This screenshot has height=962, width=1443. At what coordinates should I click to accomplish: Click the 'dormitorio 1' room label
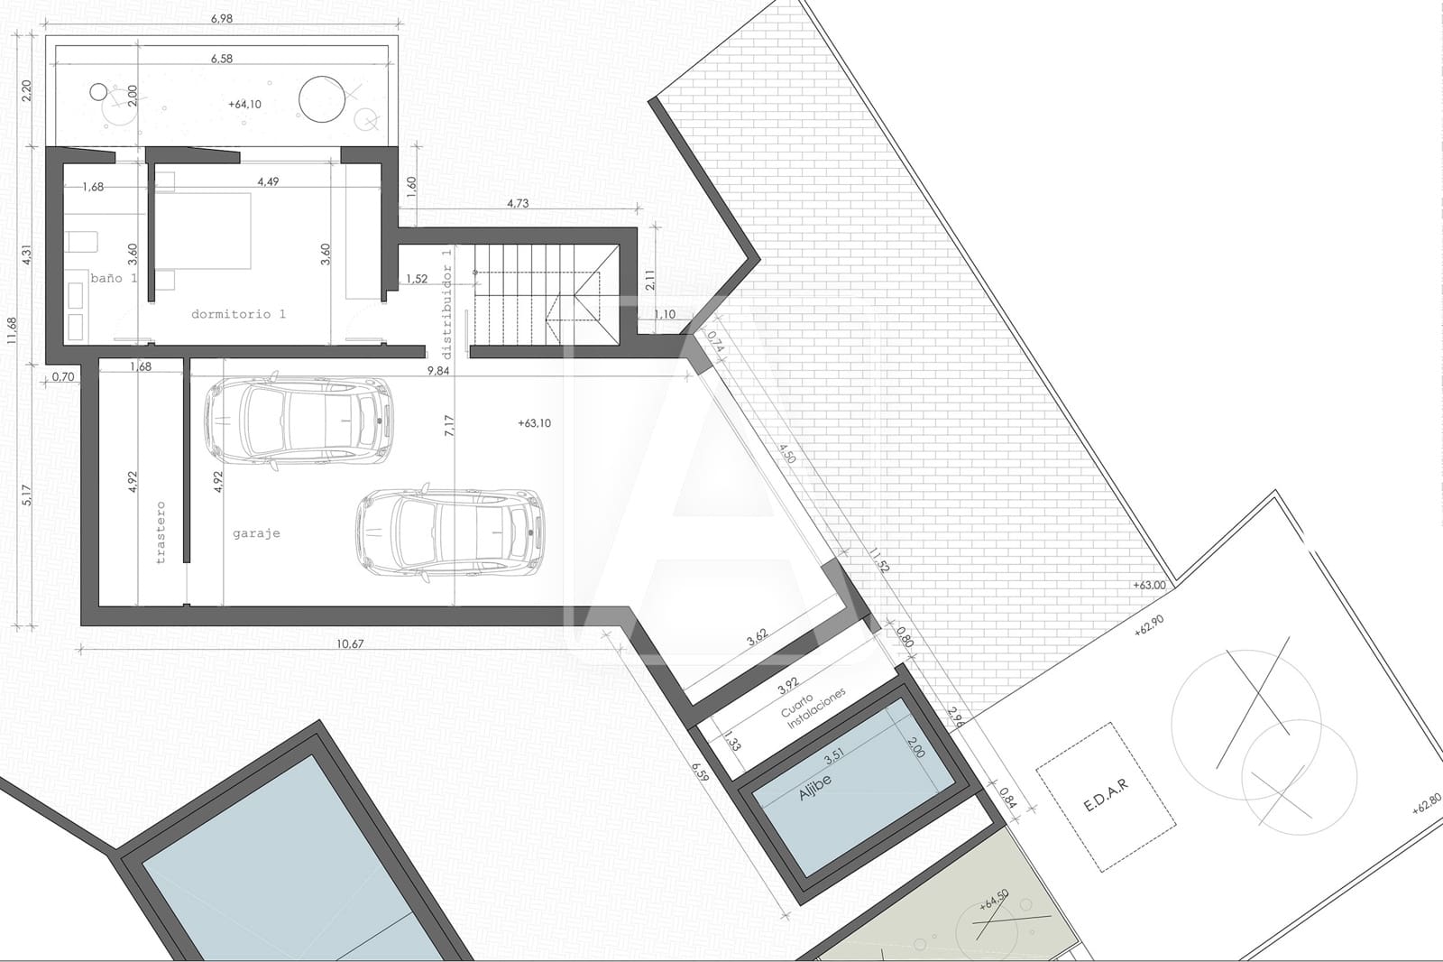pos(238,314)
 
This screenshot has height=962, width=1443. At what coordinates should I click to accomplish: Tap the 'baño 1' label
pos(113,278)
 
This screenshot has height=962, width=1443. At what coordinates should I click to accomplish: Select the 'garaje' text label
pos(256,533)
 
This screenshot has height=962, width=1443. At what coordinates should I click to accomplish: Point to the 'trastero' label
pos(161,532)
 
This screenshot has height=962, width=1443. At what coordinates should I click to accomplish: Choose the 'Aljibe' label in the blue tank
pos(814,787)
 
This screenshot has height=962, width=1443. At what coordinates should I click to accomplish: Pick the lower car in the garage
pos(449,532)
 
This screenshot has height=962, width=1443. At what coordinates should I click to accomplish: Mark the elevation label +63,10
pos(535,423)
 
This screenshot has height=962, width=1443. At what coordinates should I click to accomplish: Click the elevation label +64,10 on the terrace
pos(245,105)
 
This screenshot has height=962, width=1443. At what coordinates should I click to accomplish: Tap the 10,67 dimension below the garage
pos(350,643)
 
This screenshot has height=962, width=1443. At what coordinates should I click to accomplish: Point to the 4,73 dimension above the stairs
pos(518,203)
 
